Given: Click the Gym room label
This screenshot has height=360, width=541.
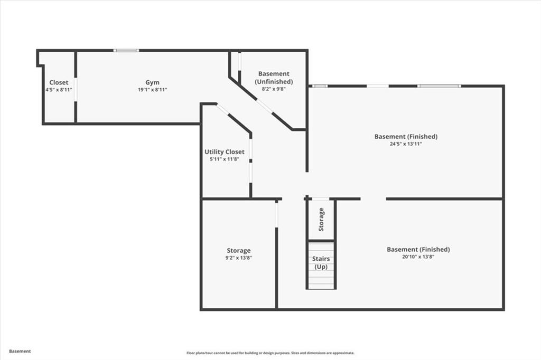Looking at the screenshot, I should click(152, 82).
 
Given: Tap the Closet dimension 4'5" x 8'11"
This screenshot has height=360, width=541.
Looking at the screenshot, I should click(59, 90).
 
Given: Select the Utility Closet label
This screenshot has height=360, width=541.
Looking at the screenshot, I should click(225, 152).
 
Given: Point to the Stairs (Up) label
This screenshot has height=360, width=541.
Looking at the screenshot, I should click(321, 262).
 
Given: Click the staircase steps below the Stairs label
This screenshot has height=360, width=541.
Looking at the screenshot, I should click(321, 280).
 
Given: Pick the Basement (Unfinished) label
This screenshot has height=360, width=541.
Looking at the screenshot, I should click(274, 78).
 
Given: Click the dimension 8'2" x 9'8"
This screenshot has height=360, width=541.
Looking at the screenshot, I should click(274, 89).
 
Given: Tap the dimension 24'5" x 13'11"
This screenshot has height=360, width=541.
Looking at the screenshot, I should click(406, 144).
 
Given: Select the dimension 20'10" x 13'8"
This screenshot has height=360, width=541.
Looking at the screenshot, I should click(418, 257).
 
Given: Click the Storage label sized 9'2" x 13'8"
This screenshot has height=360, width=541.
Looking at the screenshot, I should click(239, 250).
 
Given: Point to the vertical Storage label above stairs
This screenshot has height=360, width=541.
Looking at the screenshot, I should click(321, 219).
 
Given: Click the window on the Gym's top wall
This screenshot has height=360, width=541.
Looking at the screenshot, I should click(126, 51).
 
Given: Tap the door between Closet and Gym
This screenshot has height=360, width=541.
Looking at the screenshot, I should click(76, 89).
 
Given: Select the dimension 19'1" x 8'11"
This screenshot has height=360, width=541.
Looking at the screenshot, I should click(152, 90).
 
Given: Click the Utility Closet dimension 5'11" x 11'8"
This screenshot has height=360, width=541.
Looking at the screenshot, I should click(225, 159).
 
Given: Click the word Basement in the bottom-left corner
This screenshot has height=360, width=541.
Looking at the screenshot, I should click(20, 351).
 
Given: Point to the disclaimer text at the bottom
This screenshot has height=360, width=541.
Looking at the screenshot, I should click(270, 353).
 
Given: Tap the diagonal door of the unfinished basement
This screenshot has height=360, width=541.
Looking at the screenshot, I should click(265, 107).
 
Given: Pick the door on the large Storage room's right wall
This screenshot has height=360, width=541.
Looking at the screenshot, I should click(276, 214).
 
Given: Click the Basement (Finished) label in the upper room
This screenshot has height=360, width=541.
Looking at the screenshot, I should click(406, 136).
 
